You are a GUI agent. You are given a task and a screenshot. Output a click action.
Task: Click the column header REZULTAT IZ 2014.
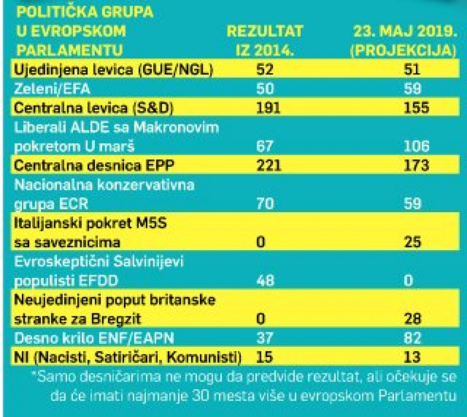(265, 40)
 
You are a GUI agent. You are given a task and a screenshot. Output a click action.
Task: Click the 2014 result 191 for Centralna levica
(269, 108)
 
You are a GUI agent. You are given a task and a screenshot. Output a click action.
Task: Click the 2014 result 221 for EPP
(269, 166)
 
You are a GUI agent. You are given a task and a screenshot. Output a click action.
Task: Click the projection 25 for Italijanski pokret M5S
(414, 242)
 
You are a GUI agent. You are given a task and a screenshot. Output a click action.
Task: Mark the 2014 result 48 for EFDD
(266, 281)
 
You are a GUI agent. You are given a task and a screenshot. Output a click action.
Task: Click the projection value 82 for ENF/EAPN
(414, 338)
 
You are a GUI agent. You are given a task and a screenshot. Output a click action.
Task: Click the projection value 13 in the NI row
(414, 358)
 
